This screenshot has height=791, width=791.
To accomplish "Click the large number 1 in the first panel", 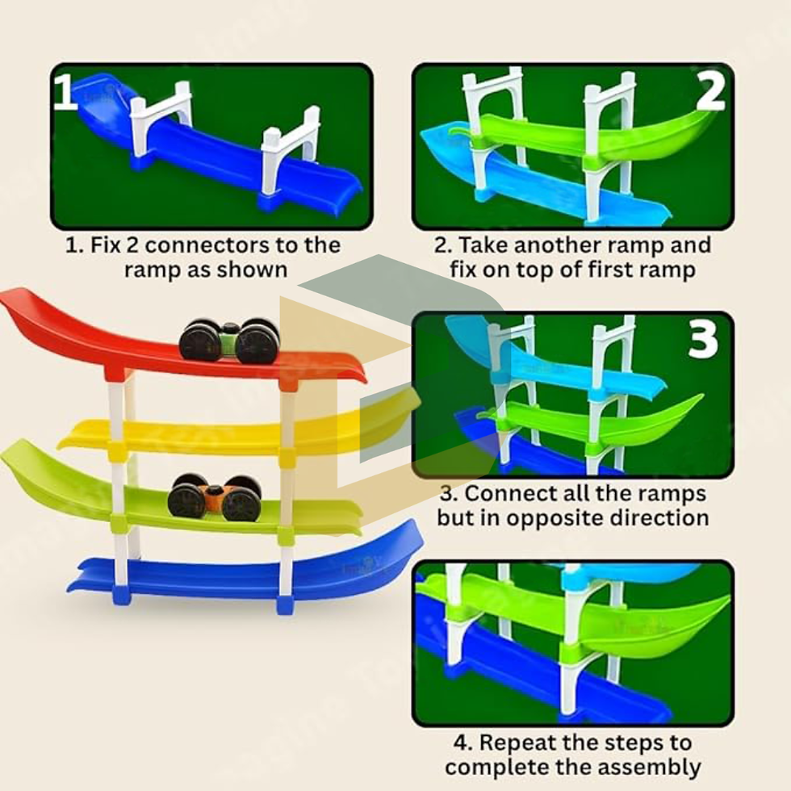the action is tap(65, 92).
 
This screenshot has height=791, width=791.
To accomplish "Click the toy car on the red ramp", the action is tap(229, 341).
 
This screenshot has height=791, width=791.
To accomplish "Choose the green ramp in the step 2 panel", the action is tap(580, 139).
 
